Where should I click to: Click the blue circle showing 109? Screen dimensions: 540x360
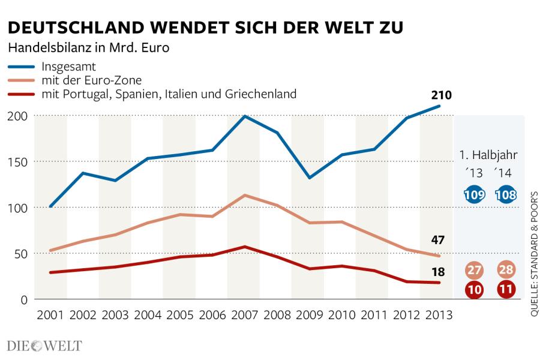474,194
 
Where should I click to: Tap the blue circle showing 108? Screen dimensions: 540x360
506,194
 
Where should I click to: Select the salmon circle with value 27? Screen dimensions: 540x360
474,270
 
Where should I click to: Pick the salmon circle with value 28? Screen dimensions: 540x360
506,269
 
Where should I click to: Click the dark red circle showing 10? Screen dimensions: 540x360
474,289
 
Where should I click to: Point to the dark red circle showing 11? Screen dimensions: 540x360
506,289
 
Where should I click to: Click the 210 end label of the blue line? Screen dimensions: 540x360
441,95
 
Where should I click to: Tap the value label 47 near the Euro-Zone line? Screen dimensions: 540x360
438,240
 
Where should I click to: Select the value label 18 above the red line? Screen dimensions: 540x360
438,272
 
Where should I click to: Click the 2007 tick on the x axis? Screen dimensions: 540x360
245,315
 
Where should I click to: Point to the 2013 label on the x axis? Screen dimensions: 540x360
439,315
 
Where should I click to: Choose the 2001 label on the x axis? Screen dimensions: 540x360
50,315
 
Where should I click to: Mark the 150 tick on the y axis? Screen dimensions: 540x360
17,162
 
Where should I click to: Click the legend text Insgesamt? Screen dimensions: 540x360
68,66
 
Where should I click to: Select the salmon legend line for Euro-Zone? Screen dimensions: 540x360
22,80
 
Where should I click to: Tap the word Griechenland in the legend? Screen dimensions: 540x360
261,94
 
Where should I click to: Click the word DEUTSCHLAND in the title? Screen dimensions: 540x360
76,28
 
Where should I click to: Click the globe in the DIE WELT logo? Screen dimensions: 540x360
37,346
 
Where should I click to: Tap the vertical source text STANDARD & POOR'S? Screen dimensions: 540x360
534,238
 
